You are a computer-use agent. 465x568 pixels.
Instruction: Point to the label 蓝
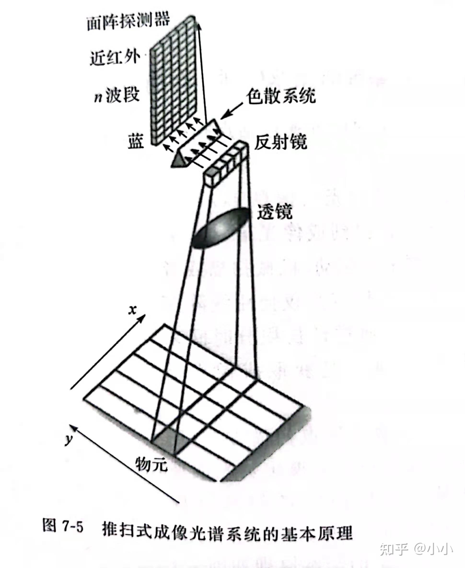[136, 141]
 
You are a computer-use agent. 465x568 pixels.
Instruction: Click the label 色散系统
[281, 96]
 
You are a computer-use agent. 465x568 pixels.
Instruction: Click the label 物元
[151, 463]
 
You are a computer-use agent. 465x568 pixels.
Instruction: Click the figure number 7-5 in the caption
[73, 527]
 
